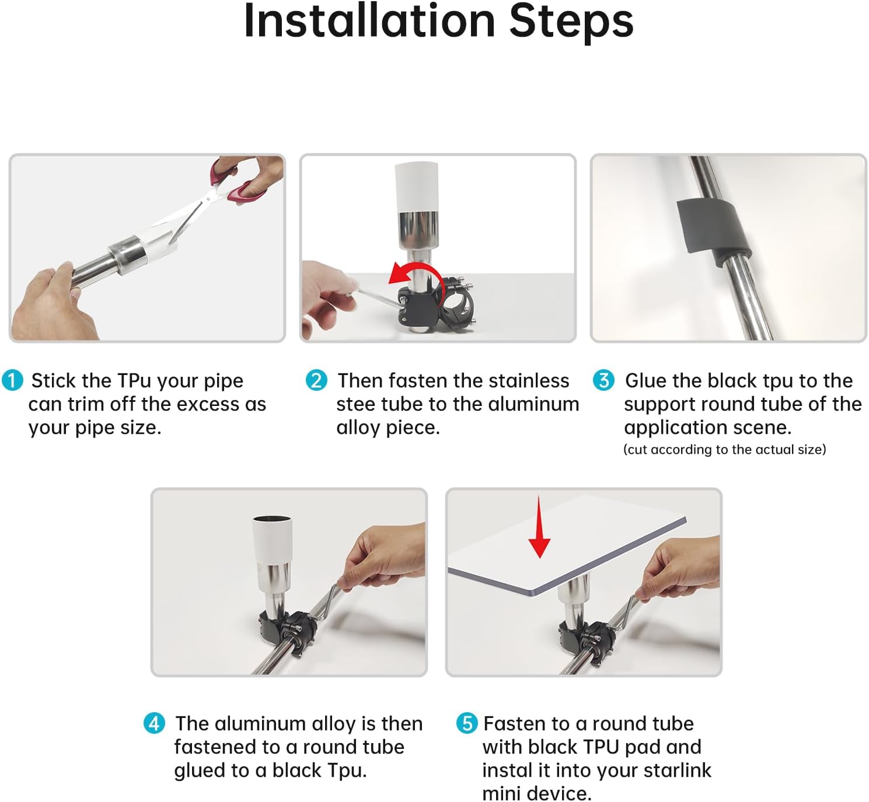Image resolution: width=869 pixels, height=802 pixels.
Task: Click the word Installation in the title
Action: point(370,21)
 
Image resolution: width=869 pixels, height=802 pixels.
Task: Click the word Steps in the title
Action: point(571,22)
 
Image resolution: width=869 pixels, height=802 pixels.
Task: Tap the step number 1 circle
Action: point(12,380)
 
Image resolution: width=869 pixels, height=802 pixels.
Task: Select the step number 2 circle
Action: point(316,380)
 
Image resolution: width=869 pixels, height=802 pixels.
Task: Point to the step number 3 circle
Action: point(604,380)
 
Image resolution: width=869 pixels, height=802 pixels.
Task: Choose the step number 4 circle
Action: point(155,723)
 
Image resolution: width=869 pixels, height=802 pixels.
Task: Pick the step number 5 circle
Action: point(467,723)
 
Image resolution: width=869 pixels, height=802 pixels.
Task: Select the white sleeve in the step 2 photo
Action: point(416,187)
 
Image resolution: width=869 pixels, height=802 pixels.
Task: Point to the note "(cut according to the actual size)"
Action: point(725,449)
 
